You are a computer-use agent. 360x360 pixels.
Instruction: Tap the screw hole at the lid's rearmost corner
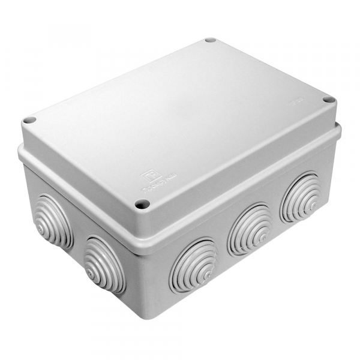[210, 40]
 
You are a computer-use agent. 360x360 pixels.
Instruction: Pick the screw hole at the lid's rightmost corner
[327, 100]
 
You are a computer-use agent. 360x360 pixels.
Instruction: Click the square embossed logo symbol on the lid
[146, 176]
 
